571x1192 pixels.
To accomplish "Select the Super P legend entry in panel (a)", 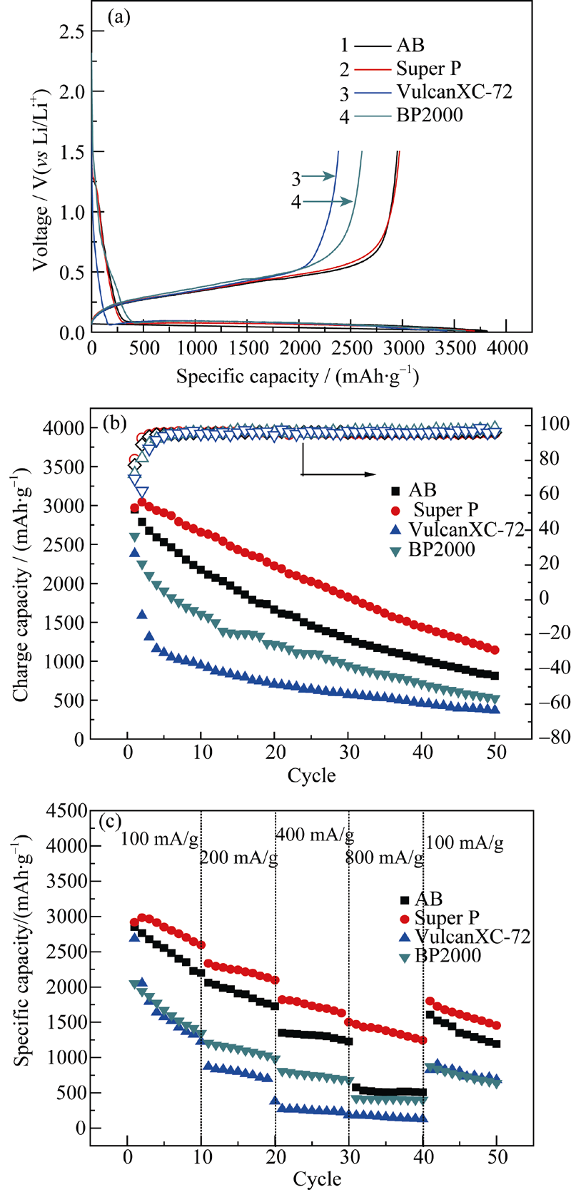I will tap(428, 68).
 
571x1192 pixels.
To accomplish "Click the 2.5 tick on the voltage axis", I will tap(69, 31).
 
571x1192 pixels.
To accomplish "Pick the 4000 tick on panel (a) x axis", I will tap(505, 348).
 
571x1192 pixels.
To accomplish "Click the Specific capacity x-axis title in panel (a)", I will tap(297, 376).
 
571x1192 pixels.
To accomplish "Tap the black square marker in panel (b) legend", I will tap(394, 491).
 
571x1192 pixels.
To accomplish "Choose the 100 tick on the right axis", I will tap(553, 424).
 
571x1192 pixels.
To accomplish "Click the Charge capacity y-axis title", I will tap(23, 584).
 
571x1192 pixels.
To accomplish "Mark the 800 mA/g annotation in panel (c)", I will tap(384, 857).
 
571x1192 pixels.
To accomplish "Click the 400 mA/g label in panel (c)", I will tap(314, 834).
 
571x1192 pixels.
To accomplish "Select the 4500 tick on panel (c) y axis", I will tap(66, 810).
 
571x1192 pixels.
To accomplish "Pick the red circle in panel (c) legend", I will tap(406, 919).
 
